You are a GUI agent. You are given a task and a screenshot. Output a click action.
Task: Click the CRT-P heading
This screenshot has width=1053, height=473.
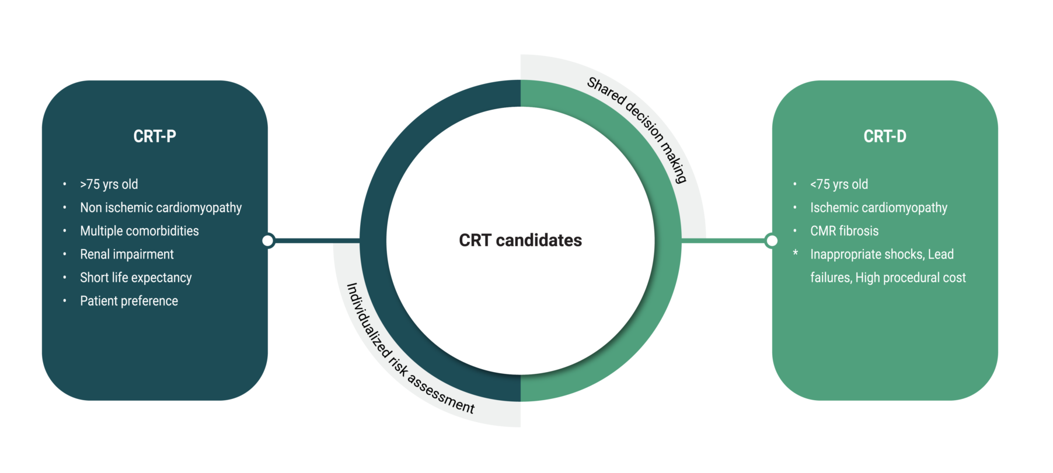155,136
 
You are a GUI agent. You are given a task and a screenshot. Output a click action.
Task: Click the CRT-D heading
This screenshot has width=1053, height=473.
884,136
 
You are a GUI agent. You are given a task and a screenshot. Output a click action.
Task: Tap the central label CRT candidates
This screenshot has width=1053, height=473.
520,240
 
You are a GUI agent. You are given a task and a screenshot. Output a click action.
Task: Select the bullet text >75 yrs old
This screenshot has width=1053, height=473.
109,184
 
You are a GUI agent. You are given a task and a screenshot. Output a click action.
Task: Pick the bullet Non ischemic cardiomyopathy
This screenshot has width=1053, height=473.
161,208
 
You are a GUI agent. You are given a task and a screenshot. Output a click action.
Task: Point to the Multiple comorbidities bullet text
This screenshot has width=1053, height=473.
140,231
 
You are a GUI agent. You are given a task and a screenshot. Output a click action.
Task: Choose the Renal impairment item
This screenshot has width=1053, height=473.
127,254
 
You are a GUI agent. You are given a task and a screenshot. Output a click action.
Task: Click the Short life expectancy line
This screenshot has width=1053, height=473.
135,278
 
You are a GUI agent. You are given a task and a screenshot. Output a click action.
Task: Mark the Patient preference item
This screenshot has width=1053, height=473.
129,301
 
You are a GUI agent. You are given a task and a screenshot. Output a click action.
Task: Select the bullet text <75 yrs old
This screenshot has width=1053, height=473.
839,184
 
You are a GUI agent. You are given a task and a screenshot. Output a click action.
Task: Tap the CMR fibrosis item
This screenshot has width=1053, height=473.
844,231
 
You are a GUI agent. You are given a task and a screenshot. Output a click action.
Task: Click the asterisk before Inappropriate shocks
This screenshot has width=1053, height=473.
795,253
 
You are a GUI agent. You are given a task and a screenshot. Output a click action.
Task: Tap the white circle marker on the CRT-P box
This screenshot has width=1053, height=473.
268,240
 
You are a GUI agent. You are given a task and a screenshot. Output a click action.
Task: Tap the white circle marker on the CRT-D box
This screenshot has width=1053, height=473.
772,240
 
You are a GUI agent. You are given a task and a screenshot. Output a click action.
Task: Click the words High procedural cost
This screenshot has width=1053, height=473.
911,278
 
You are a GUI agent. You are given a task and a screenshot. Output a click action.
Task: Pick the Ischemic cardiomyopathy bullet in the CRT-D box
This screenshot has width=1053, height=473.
878,208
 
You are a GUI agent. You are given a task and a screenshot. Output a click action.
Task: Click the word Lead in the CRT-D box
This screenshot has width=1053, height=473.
941,254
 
